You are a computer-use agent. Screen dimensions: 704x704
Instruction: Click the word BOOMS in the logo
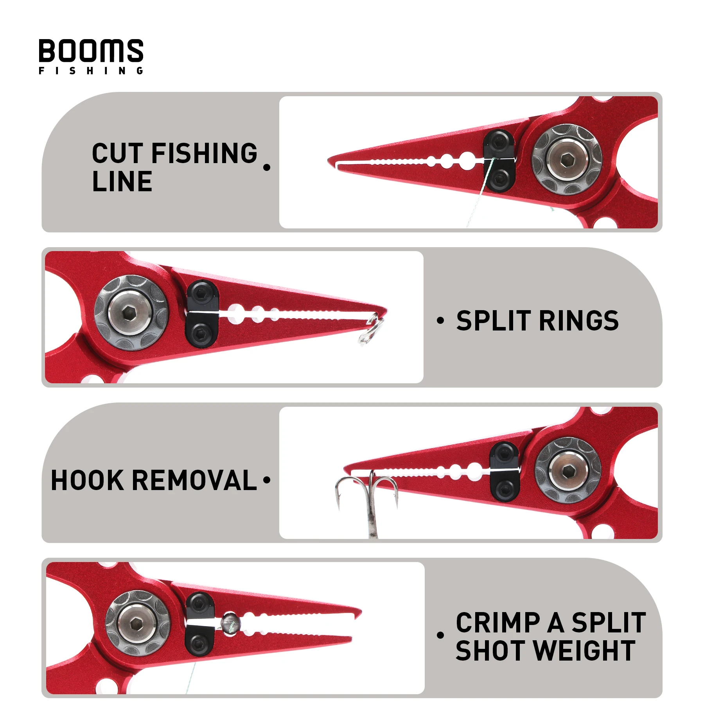pyautogui.click(x=91, y=51)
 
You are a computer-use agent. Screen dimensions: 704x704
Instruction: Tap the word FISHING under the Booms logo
pyautogui.click(x=91, y=71)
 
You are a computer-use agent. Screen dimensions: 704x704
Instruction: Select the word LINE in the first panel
pyautogui.click(x=122, y=181)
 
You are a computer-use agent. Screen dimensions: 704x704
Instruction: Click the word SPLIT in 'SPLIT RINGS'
pyautogui.click(x=493, y=321)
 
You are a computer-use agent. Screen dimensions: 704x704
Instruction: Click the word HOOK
pyautogui.click(x=87, y=480)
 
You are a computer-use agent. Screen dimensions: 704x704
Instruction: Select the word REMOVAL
pyautogui.click(x=194, y=480)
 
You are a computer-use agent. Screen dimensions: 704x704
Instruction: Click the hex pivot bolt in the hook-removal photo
pyautogui.click(x=568, y=471)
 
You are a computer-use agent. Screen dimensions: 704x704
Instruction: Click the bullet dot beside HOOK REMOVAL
pyautogui.click(x=267, y=480)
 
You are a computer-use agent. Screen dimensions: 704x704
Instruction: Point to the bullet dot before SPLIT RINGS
pyautogui.click(x=440, y=321)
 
